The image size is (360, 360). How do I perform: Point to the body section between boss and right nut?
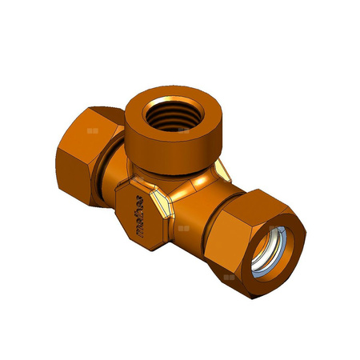(x=196, y=220)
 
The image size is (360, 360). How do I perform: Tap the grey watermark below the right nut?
(x=230, y=277)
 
